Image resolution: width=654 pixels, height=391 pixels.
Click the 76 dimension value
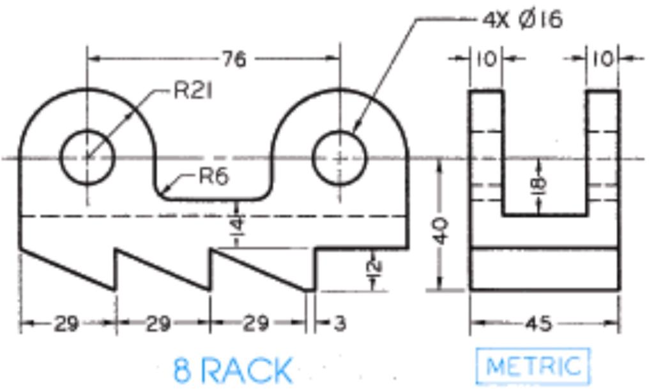click(x=234, y=59)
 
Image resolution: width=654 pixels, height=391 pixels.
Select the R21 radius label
click(x=193, y=91)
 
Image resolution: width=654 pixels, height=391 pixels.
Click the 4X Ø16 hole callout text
click(x=522, y=20)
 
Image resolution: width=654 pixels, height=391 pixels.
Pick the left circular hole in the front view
click(x=87, y=157)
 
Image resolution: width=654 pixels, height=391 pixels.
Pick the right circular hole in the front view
click(x=340, y=157)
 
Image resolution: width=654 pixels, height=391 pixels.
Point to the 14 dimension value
click(x=236, y=225)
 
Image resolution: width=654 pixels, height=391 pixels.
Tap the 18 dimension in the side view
click(x=540, y=184)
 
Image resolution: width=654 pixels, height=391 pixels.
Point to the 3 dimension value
click(x=340, y=324)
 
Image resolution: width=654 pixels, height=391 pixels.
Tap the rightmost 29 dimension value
click(x=255, y=324)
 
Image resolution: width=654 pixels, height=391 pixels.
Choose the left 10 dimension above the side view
click(x=486, y=59)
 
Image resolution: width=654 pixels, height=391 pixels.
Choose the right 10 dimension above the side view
click(x=602, y=59)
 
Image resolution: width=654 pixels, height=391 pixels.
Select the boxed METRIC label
click(x=533, y=366)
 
